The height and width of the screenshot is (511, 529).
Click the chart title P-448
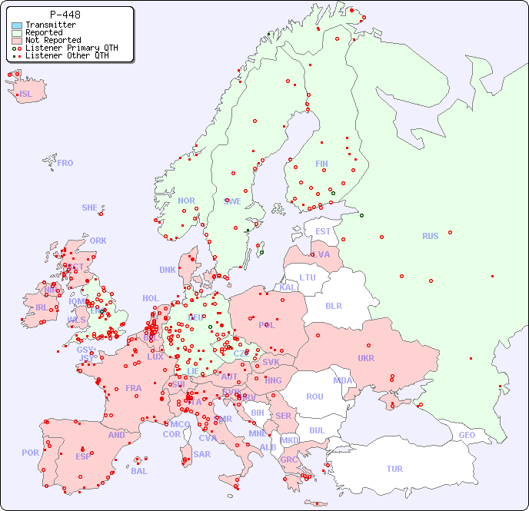pyautogui.click(x=65, y=15)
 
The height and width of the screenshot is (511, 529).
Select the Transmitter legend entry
pyautogui.click(x=50, y=25)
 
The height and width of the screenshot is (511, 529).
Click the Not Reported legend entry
pyautogui.click(x=52, y=40)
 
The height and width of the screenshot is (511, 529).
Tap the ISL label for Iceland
pyautogui.click(x=26, y=95)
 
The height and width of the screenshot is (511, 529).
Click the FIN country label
pyautogui.click(x=321, y=164)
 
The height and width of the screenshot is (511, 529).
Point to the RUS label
pyautogui.click(x=430, y=236)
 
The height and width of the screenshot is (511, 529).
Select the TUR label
pyautogui.click(x=394, y=469)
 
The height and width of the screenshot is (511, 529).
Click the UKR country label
pyautogui.click(x=365, y=358)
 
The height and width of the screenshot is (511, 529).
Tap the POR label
pyautogui.click(x=30, y=453)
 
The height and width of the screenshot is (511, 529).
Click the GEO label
pyautogui.click(x=467, y=435)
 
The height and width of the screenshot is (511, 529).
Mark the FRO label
pyautogui.click(x=65, y=163)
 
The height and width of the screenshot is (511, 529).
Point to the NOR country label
pyautogui.click(x=186, y=201)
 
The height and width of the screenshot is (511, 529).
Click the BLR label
pyautogui.click(x=333, y=305)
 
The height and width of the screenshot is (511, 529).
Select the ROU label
pyautogui.click(x=314, y=397)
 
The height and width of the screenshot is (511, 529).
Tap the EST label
pyautogui.click(x=323, y=231)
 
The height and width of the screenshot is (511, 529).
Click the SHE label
pyautogui.click(x=89, y=207)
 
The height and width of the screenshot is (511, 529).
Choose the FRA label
pyautogui.click(x=134, y=388)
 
